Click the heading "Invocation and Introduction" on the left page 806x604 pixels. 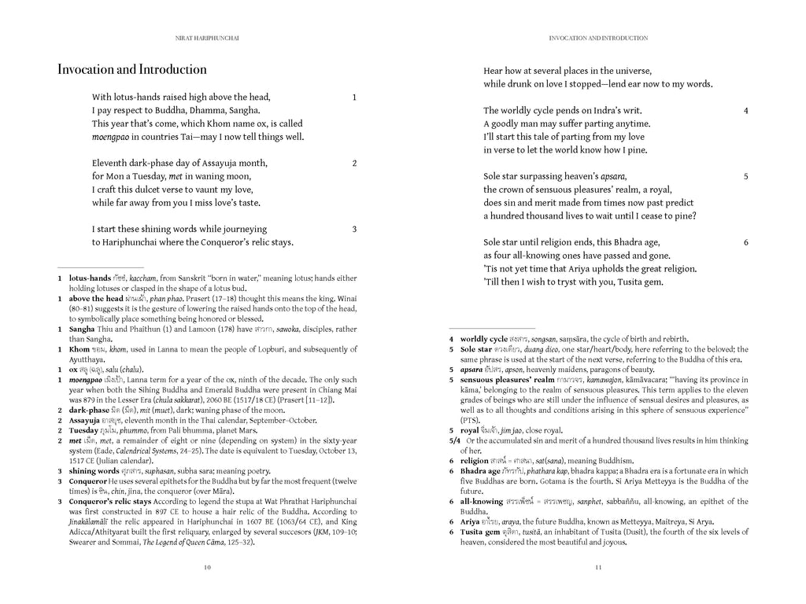click(132, 70)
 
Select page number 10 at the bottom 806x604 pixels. click(207, 567)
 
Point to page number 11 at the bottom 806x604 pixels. click(598, 567)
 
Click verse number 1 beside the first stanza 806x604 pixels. click(354, 98)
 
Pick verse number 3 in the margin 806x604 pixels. click(354, 230)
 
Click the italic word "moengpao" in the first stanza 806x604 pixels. click(110, 137)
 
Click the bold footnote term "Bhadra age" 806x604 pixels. click(481, 471)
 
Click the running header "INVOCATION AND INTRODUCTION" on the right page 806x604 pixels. click(598, 37)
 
